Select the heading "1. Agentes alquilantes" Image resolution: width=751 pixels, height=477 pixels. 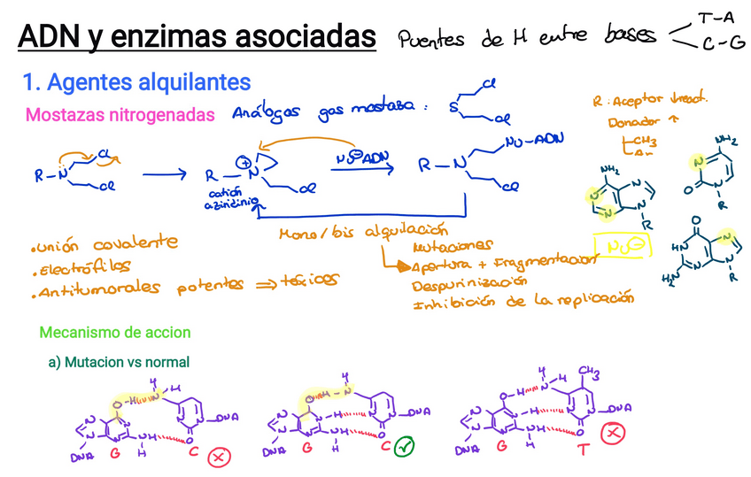click(136, 82)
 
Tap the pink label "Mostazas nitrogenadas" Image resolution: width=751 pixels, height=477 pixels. click(120, 115)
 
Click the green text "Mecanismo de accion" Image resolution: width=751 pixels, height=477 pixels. click(115, 333)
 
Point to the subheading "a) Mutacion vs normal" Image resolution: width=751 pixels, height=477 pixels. click(119, 362)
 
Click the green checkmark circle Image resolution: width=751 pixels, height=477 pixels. click(406, 448)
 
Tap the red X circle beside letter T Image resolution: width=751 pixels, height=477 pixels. click(610, 434)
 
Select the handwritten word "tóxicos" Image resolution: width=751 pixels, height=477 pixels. click(311, 280)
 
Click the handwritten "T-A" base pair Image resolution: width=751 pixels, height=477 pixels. click(716, 19)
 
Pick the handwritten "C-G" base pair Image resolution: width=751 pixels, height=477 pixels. click(723, 43)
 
